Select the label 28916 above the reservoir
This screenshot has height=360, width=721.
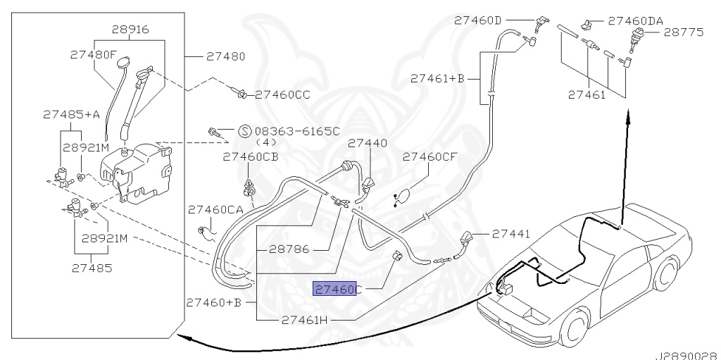click(x=130, y=30)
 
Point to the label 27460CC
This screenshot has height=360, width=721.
click(x=282, y=94)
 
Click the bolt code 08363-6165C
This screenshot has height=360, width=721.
click(x=296, y=130)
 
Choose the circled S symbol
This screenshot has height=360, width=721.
click(x=244, y=130)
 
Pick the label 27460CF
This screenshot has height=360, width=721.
click(x=430, y=157)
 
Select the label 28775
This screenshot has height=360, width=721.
click(x=686, y=32)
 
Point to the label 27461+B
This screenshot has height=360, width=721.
click(x=437, y=80)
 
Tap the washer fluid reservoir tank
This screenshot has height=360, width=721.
click(x=137, y=169)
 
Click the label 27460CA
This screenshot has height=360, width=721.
click(x=215, y=210)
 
